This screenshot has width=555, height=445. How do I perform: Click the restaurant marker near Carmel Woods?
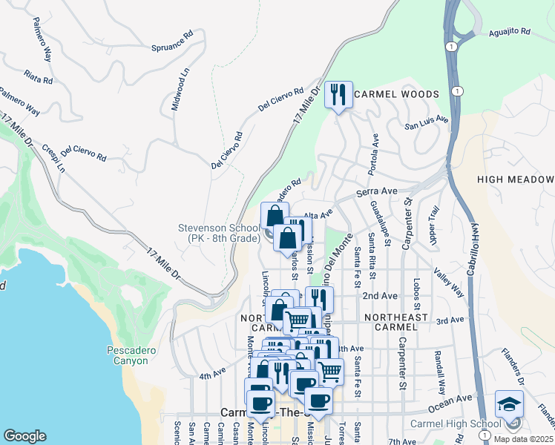(x=338, y=94)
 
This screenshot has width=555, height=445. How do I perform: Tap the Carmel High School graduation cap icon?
(x=509, y=404)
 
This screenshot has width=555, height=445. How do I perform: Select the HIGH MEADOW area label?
(x=516, y=180)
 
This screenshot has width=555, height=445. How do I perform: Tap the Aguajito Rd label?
(x=510, y=33)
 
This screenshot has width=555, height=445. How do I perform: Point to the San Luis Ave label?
(x=427, y=122)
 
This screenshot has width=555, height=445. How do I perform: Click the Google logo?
(x=24, y=436)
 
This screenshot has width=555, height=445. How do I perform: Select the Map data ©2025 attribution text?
(x=523, y=439)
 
